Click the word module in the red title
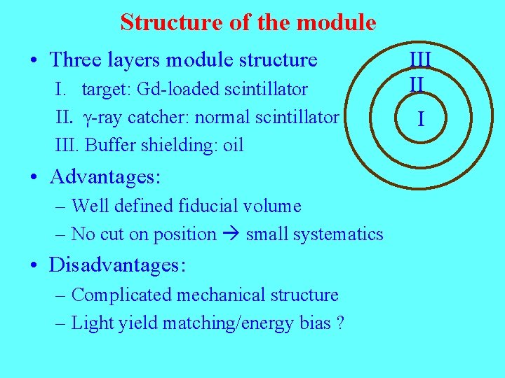[337, 22]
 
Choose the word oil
[233, 145]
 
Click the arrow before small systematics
[231, 234]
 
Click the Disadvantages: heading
[117, 265]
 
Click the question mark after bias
[340, 323]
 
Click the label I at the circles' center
[420, 119]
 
